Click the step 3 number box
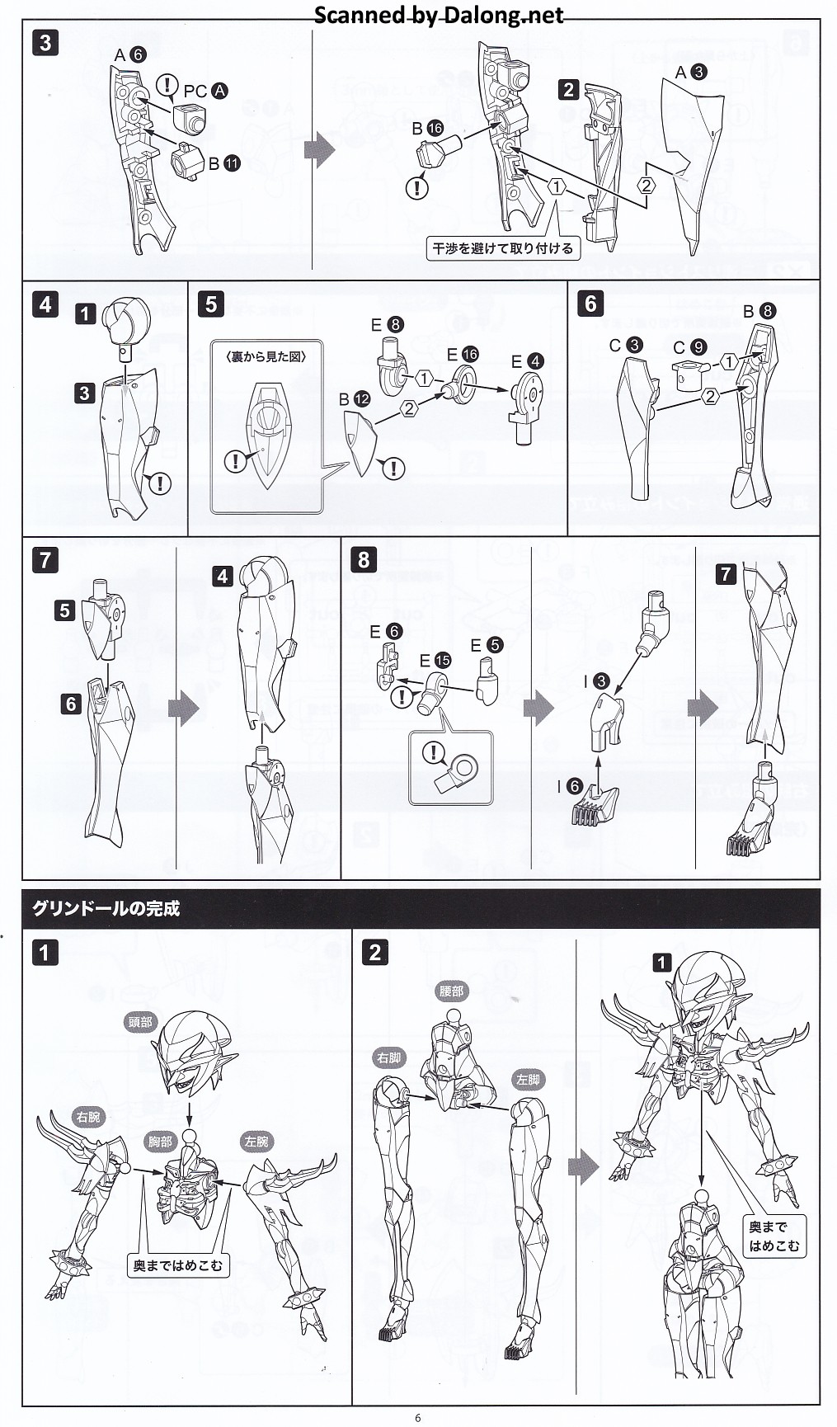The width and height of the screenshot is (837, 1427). coord(45,43)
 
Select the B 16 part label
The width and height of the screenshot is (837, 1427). coord(427,128)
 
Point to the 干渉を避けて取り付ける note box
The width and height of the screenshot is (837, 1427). coord(502,247)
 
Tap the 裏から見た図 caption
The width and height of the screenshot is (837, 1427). coord(266,356)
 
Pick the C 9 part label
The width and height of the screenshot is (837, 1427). coord(689,348)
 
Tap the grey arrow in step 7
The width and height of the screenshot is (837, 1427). coord(183,708)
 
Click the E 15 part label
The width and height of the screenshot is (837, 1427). coord(435,660)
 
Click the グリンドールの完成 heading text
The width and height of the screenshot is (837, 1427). coord(106,908)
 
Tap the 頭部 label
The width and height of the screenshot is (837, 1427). coord(140,1022)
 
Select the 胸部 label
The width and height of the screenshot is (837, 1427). coord(161,1142)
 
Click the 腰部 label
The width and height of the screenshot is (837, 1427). coord(451,991)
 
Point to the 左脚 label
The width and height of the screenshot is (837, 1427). coord(528,1079)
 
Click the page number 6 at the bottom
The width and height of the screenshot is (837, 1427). coord(418,1418)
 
